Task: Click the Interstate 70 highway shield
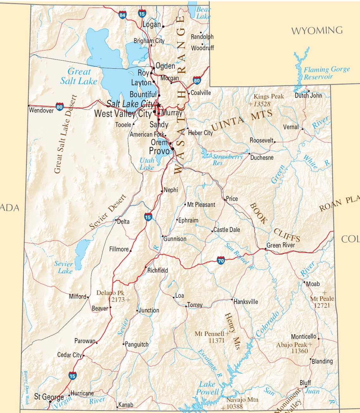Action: click(221, 260)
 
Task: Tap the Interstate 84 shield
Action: click(123, 15)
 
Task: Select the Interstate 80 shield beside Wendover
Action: click(59, 106)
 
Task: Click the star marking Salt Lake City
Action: click(159, 105)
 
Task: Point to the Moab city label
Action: click(313, 284)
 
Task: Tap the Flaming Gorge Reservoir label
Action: click(327, 73)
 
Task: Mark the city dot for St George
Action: click(50, 402)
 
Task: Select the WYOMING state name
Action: click(317, 31)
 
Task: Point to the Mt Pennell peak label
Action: click(209, 334)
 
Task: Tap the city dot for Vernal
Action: click(302, 129)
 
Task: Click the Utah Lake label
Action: click(147, 164)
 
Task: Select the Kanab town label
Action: click(125, 405)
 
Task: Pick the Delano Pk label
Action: click(110, 293)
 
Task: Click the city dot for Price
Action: click(225, 199)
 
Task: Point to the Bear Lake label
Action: click(203, 13)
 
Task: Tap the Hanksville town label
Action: click(246, 302)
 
